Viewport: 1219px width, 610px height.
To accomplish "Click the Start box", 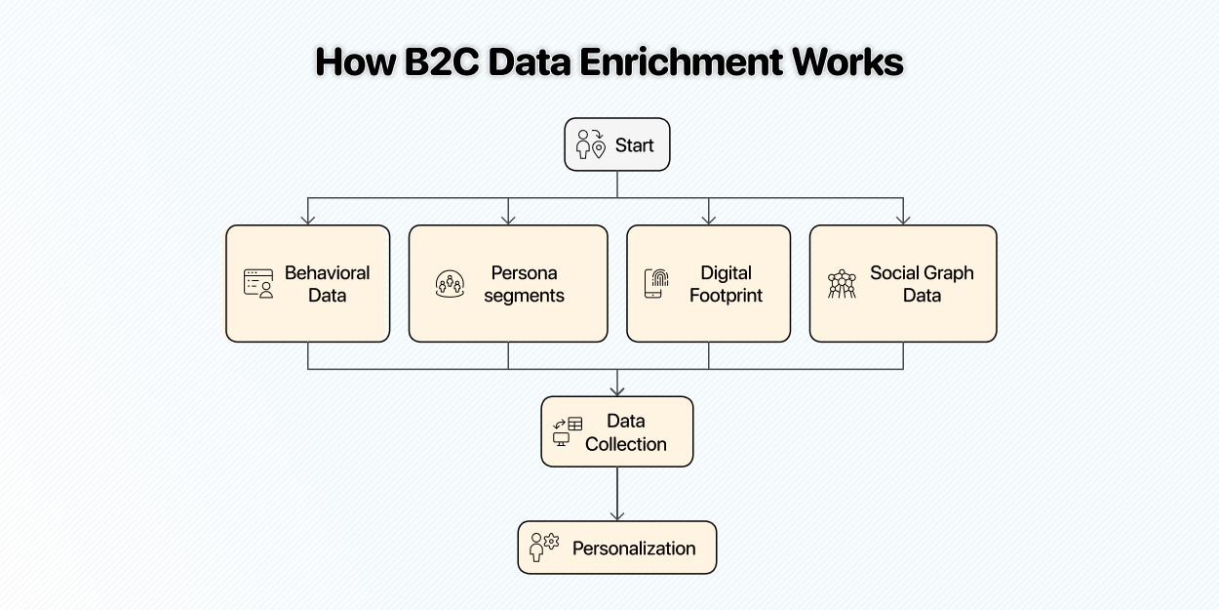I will coord(617,144).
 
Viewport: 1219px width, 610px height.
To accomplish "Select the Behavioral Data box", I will coord(307,283).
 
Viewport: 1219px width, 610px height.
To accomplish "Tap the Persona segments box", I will coord(507,283).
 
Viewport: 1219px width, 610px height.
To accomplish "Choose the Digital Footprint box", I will coord(708,283).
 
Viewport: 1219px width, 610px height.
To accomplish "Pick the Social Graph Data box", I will coord(902,283).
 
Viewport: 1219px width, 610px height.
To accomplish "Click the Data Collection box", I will coord(617,431).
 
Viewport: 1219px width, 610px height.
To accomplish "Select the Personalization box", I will coord(617,548).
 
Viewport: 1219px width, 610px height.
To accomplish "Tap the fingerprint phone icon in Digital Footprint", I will coord(657,283).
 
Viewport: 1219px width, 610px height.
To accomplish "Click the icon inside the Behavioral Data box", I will coord(258,283).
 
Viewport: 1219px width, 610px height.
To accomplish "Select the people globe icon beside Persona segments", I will coord(450,284).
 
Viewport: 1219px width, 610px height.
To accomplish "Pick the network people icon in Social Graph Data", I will coord(842,284).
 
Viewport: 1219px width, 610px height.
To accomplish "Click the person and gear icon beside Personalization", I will coord(543,547).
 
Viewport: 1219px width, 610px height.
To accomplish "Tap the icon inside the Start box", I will coord(591,144).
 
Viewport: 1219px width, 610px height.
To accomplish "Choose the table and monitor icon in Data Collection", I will coord(568,431).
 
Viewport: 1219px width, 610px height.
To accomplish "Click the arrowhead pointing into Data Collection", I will coord(617,390).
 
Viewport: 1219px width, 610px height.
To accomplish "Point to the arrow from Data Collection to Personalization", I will coord(617,494).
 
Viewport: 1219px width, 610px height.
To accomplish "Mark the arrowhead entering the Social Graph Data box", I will coord(903,220).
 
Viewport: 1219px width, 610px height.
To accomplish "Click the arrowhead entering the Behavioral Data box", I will coord(308,220).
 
